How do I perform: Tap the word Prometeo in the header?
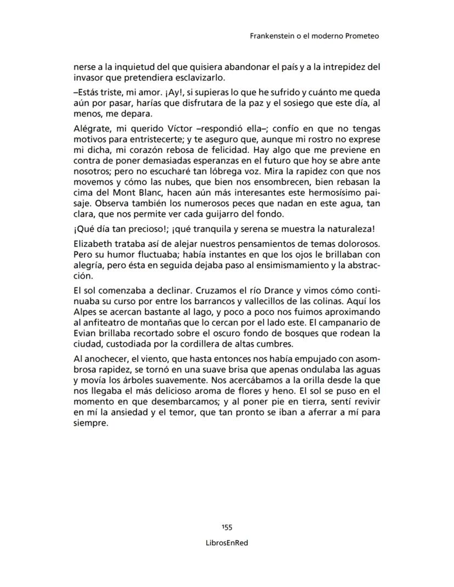click(x=362, y=36)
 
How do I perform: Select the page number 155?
click(x=227, y=527)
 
